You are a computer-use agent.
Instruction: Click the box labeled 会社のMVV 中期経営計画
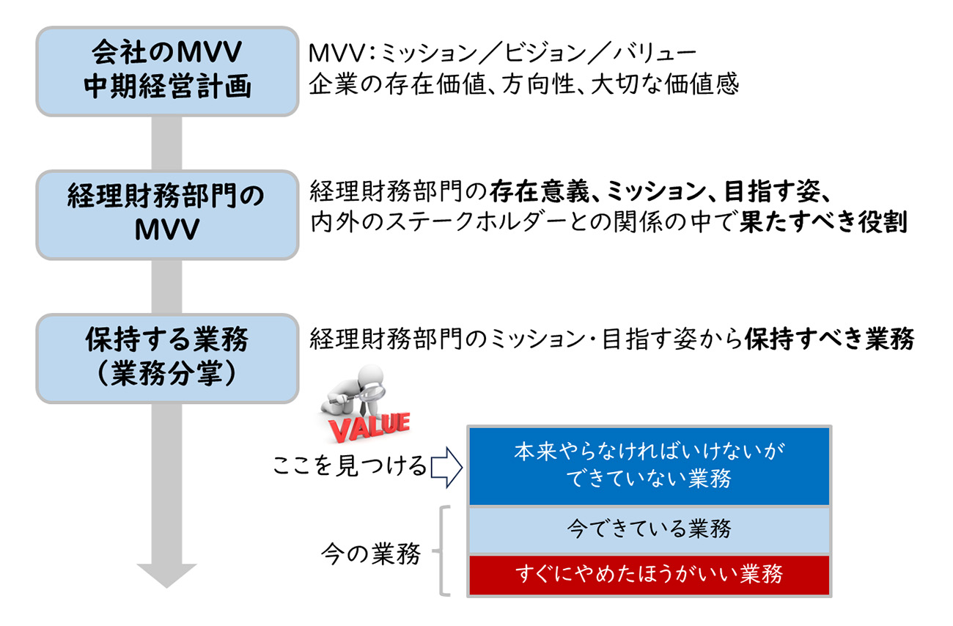pyautogui.click(x=167, y=71)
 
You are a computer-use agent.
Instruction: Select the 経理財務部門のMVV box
pyautogui.click(x=167, y=213)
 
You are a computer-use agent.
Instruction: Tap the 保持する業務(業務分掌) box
pyautogui.click(x=167, y=358)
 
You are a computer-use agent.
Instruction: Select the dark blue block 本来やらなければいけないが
pyautogui.click(x=648, y=466)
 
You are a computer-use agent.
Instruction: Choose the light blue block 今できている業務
pyautogui.click(x=648, y=529)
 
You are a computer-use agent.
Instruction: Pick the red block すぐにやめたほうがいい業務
pyautogui.click(x=648, y=575)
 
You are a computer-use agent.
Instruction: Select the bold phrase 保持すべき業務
pyautogui.click(x=829, y=339)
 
